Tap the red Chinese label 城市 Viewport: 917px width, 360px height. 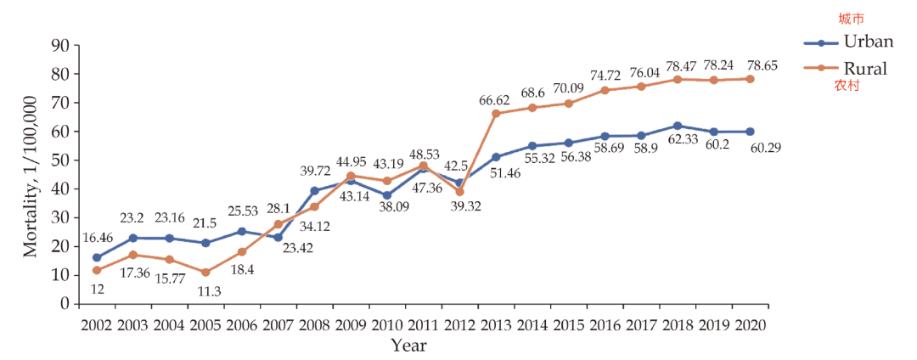pos(851,19)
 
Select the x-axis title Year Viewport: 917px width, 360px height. pos(408,346)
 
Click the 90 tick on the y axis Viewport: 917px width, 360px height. pos(59,46)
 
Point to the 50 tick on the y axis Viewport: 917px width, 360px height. pos(59,160)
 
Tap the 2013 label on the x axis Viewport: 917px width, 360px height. pos(495,325)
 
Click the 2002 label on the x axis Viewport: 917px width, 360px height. pos(97,325)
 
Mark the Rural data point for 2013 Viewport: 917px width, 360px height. pos(496,113)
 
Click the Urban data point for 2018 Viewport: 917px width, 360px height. pos(677,126)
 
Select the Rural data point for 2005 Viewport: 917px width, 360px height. pos(205,272)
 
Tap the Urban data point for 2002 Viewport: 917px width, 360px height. pos(97,257)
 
